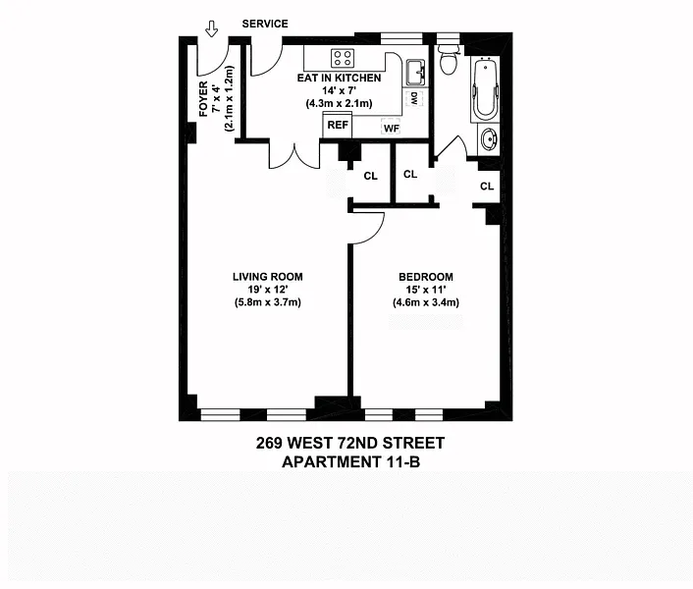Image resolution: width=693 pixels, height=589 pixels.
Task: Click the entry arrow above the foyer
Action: (212, 29)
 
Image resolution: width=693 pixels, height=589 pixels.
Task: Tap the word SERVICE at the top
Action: (265, 24)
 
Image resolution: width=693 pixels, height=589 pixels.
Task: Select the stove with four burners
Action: (343, 58)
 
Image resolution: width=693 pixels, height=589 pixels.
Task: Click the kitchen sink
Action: (415, 72)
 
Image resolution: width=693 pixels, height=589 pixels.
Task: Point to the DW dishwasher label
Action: (414, 98)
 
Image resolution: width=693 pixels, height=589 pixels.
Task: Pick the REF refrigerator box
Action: (338, 125)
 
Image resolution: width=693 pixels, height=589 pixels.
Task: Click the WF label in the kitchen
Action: (391, 129)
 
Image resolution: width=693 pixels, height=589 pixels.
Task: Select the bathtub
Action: (485, 88)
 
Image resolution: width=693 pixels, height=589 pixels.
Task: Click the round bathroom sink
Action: (489, 139)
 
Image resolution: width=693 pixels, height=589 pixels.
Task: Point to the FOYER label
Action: (203, 99)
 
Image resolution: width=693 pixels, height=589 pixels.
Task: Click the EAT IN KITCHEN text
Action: (339, 79)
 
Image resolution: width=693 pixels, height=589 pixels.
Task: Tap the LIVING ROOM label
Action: (268, 277)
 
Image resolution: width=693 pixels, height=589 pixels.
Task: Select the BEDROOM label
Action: (426, 277)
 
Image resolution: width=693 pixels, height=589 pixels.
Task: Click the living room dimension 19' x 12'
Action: (268, 290)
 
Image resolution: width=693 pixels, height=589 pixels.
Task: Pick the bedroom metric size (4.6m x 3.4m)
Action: (426, 302)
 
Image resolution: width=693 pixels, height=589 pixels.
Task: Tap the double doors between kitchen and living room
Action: (294, 155)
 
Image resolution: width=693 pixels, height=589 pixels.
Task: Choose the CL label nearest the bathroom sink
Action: (487, 187)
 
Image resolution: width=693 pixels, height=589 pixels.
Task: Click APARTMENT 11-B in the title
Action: (350, 462)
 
